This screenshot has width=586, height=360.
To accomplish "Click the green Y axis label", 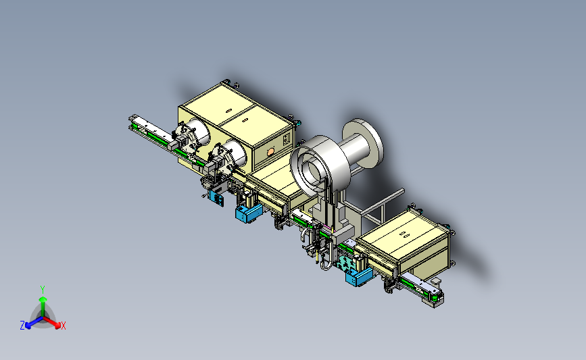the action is pos(43,290).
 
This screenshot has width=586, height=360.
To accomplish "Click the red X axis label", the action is pos(64,326).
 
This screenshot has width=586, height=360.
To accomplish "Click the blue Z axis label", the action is pos(22,326).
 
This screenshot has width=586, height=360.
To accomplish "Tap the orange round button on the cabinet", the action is pos(270,152).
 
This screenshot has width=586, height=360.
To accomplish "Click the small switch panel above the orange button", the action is pos(287,139).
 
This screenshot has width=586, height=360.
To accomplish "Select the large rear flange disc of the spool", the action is pos(363,143).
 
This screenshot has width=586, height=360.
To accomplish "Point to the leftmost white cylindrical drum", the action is pos(198,133).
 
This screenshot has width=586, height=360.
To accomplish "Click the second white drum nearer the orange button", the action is pos(235,154).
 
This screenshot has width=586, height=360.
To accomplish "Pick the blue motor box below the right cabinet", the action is pos(359,276).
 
